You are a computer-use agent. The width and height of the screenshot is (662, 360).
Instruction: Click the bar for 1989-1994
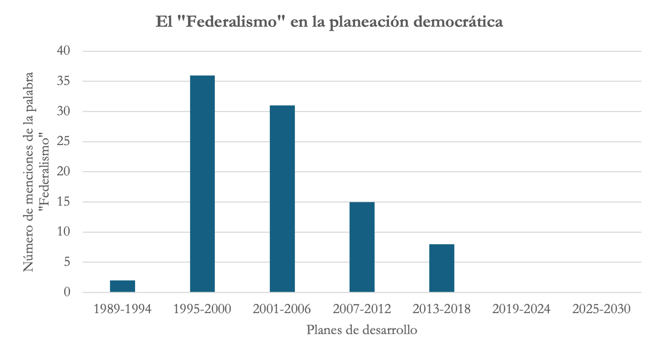pyautogui.click(x=123, y=286)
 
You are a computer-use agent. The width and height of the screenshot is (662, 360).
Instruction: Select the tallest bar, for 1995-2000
pyautogui.click(x=202, y=184)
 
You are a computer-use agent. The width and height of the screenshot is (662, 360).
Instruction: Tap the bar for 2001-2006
pyautogui.click(x=282, y=198)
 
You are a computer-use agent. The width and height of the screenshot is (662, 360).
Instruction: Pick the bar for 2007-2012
pyautogui.click(x=362, y=247)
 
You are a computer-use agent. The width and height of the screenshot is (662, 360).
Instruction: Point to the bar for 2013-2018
pyautogui.click(x=442, y=268)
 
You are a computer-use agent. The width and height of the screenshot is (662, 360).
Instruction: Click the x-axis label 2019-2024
pyautogui.click(x=521, y=309)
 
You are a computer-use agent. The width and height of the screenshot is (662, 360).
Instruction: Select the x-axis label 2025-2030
pyautogui.click(x=601, y=309)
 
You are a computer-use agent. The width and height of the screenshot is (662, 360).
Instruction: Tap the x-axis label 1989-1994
pyautogui.click(x=123, y=309)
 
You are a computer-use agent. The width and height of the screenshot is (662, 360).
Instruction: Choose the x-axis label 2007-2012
pyautogui.click(x=362, y=309)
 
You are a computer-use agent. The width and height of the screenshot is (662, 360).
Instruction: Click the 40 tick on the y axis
pyautogui.click(x=63, y=51)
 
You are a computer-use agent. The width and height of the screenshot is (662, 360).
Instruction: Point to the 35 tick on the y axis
pyautogui.click(x=63, y=81)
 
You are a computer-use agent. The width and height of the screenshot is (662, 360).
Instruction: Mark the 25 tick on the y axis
pyautogui.click(x=63, y=141)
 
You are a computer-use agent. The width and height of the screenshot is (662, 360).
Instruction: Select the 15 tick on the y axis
pyautogui.click(x=63, y=202)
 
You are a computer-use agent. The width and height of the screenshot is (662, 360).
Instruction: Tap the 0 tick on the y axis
pyautogui.click(x=67, y=292)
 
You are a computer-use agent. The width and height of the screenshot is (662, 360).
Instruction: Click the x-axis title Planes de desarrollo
pyautogui.click(x=362, y=330)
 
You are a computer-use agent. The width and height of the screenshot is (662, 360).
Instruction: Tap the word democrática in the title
pyautogui.click(x=458, y=22)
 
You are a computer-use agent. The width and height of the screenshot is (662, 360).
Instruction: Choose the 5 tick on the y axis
pyautogui.click(x=67, y=262)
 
